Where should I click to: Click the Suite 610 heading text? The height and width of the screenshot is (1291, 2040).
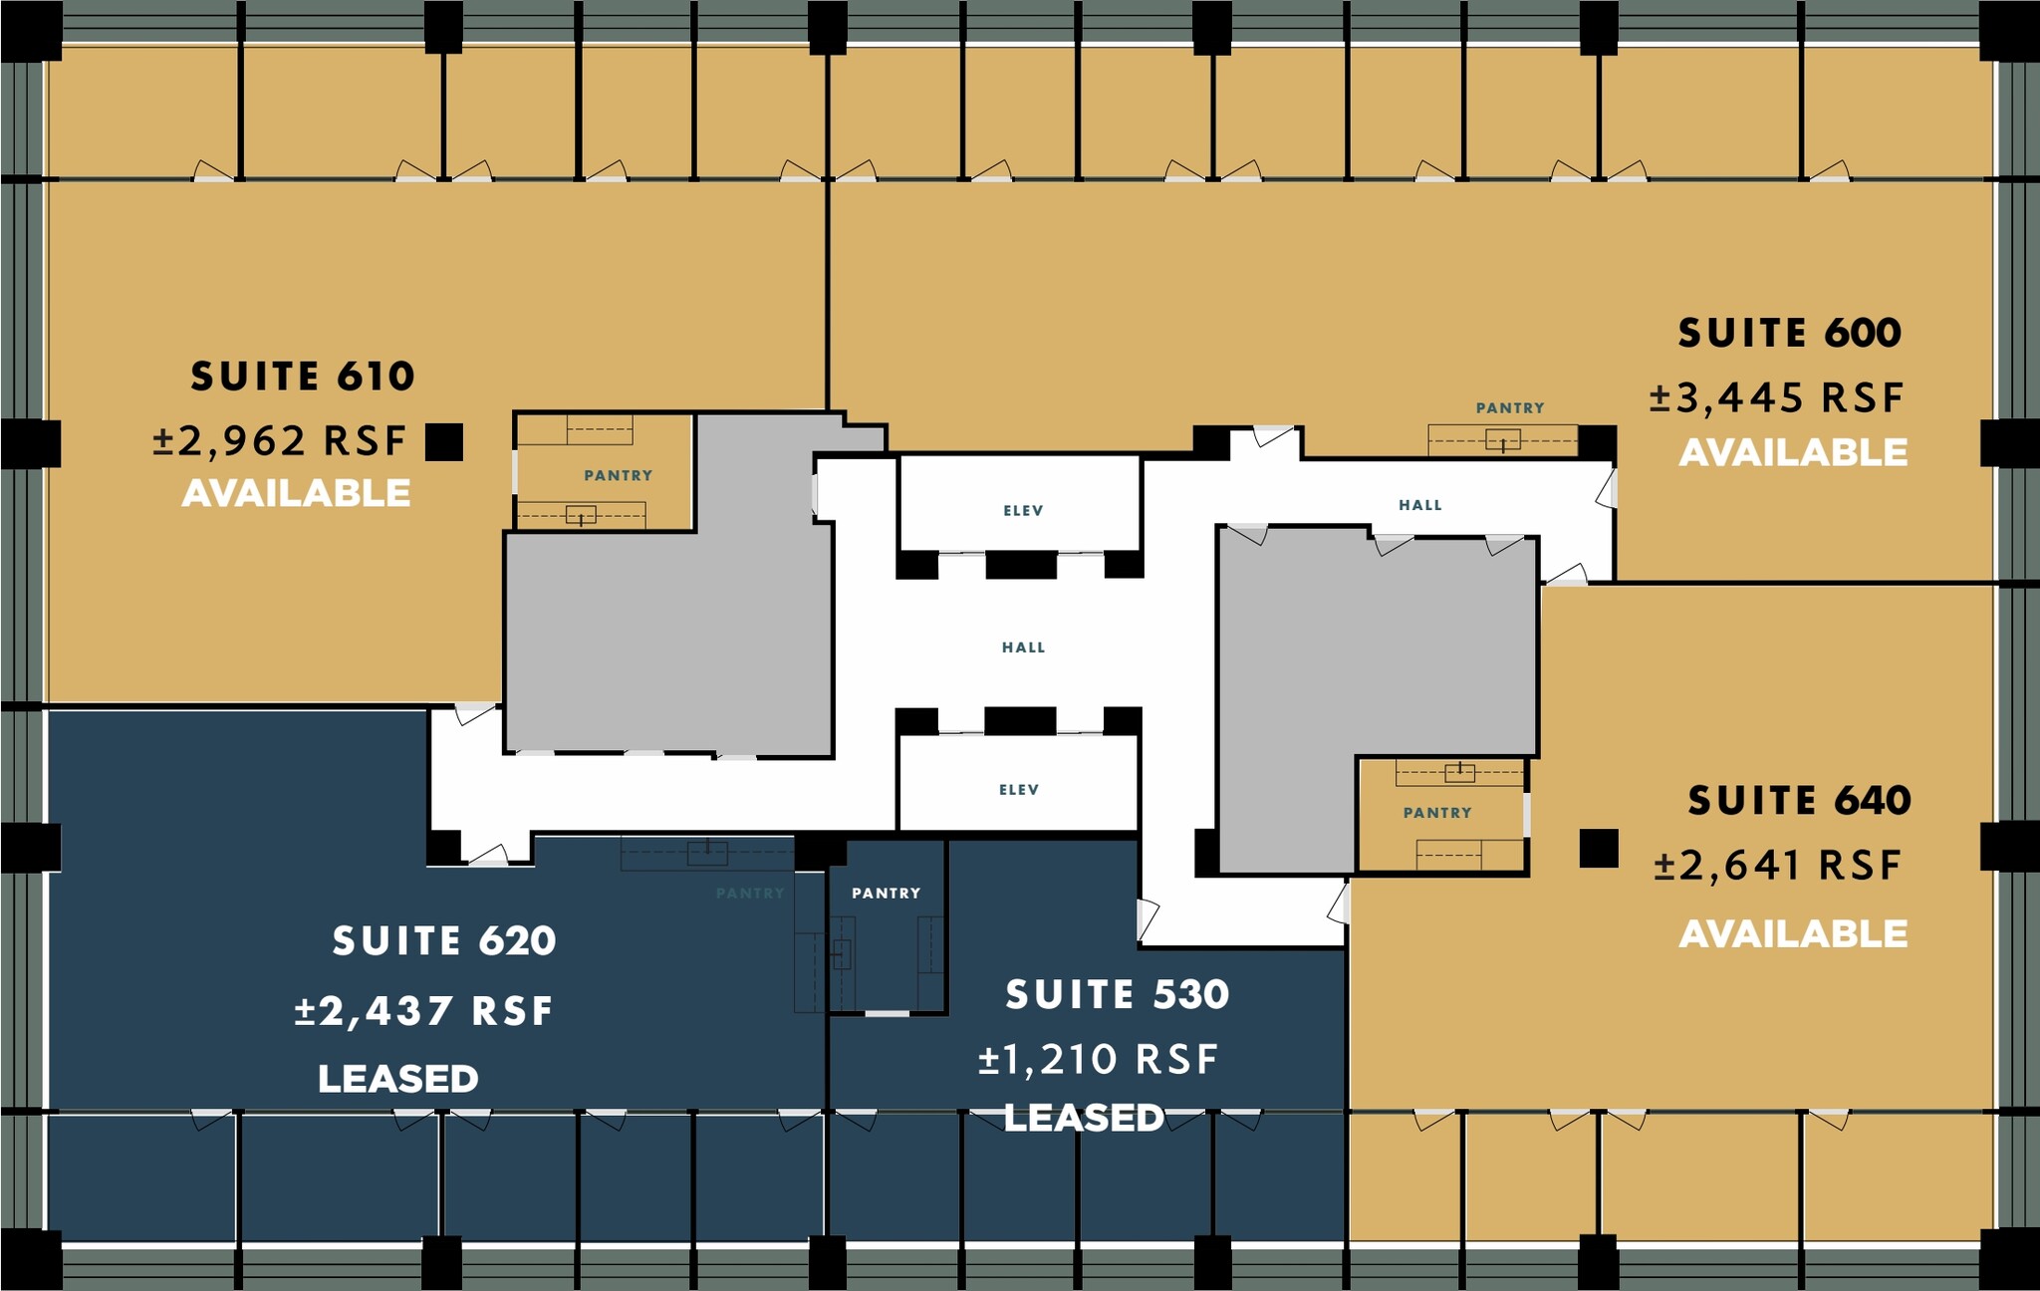(x=303, y=377)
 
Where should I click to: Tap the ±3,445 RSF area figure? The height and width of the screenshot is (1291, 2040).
(x=1776, y=397)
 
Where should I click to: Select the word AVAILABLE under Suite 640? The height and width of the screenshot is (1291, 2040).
(x=1793, y=933)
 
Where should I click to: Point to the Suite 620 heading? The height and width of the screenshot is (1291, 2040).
(x=444, y=941)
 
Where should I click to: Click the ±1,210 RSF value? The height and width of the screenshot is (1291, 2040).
(x=1098, y=1059)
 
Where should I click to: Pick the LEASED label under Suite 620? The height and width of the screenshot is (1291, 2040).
(x=398, y=1079)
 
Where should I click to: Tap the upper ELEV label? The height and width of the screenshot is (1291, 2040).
(x=1023, y=511)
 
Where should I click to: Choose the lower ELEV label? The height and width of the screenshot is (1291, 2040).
(x=1019, y=790)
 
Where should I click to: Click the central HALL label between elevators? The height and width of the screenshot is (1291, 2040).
(x=1023, y=647)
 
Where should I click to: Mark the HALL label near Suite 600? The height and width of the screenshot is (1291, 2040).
(x=1419, y=505)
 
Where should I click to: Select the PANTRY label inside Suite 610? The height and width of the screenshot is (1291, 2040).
(x=618, y=475)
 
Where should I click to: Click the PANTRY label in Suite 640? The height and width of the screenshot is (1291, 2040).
(x=1437, y=813)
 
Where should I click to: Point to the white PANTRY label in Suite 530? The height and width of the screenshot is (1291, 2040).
(x=886, y=894)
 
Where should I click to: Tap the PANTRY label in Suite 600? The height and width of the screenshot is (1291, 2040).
(x=1510, y=407)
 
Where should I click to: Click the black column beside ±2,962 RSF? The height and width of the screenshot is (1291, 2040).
(x=444, y=441)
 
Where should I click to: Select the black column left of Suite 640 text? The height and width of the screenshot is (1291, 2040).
(x=1599, y=849)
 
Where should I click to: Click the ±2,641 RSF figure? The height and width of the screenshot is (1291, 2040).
(x=1778, y=866)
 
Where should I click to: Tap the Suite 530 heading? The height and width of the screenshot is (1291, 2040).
(x=1118, y=995)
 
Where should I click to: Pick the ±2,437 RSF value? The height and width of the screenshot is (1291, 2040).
(x=423, y=1011)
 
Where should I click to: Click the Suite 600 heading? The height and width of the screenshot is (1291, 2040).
(x=1790, y=333)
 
